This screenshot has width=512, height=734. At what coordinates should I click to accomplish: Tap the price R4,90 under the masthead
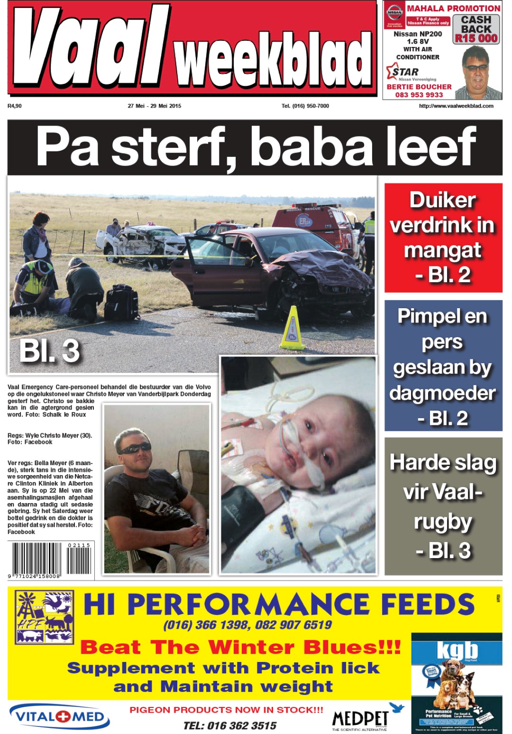(15, 106)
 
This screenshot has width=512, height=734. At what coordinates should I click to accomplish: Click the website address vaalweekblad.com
(456, 106)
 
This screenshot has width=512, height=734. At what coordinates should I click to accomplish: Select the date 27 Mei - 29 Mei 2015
(154, 106)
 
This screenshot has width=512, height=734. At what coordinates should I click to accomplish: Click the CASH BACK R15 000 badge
(476, 29)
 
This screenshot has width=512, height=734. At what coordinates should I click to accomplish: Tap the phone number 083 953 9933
(419, 95)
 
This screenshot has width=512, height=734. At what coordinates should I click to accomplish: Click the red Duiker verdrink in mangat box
(443, 238)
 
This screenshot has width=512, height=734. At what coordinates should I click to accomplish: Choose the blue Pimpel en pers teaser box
(443, 366)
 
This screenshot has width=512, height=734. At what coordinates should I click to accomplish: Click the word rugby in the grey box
(443, 522)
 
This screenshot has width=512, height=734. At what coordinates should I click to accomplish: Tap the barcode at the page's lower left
(51, 560)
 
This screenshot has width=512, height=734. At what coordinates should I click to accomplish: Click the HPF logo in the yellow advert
(45, 616)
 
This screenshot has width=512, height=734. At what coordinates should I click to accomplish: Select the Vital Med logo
(60, 716)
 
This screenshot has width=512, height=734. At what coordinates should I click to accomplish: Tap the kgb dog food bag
(456, 683)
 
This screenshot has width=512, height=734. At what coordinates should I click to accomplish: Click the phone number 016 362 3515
(230, 725)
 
